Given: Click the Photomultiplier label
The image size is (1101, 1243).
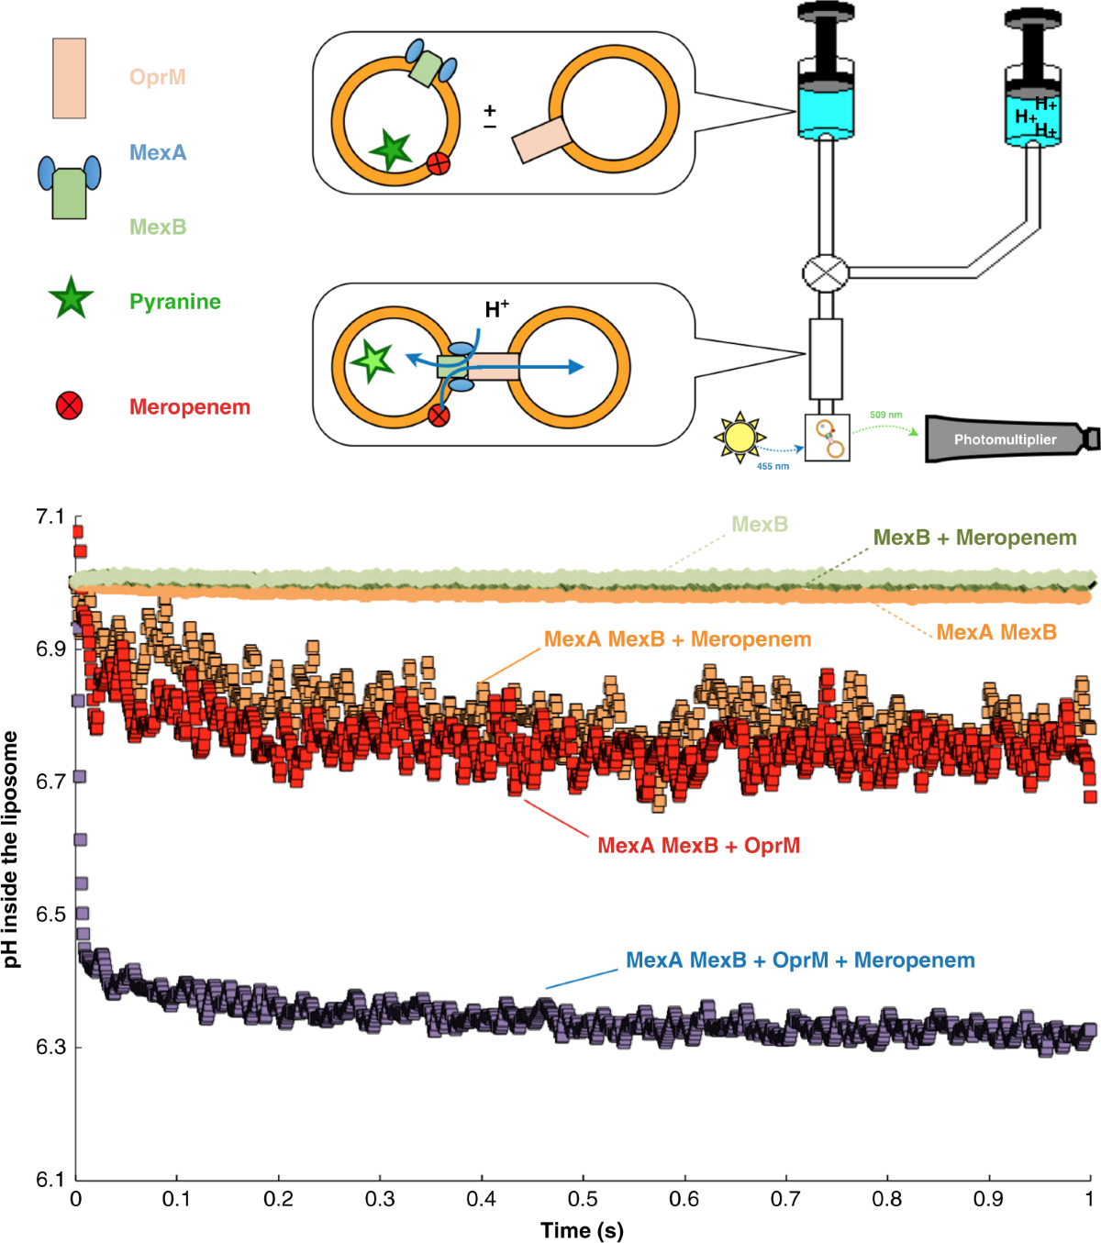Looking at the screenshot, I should pyautogui.click(x=1005, y=439).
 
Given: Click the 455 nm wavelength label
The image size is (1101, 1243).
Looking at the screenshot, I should pyautogui.click(x=773, y=467).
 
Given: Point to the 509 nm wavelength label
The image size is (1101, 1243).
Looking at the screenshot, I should pyautogui.click(x=885, y=415).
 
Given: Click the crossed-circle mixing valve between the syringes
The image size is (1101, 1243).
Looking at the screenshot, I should pyautogui.click(x=824, y=272).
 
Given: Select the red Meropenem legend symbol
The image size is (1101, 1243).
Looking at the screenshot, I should pyautogui.click(x=70, y=405).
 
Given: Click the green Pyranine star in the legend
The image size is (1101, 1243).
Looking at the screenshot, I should pyautogui.click(x=71, y=300).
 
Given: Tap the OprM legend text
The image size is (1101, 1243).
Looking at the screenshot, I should pyautogui.click(x=158, y=76).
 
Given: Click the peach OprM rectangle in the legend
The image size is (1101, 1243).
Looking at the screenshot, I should pyautogui.click(x=69, y=78).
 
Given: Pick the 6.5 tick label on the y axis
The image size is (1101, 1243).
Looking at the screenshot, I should pyautogui.click(x=50, y=915).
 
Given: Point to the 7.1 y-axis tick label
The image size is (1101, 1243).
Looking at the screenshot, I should pyautogui.click(x=50, y=517).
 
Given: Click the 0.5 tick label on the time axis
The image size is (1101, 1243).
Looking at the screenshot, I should pyautogui.click(x=583, y=1199).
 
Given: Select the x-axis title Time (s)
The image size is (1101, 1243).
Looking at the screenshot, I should pyautogui.click(x=582, y=1230).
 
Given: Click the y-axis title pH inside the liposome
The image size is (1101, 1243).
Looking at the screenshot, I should pyautogui.click(x=11, y=849).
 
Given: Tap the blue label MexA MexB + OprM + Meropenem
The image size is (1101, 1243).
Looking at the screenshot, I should pyautogui.click(x=800, y=960).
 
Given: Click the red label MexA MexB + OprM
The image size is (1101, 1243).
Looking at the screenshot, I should pyautogui.click(x=698, y=845).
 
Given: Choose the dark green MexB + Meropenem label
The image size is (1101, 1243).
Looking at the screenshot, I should pyautogui.click(x=974, y=538).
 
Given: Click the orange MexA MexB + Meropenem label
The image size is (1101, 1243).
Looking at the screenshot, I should pyautogui.click(x=677, y=638).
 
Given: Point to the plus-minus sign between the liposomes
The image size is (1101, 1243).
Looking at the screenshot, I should pyautogui.click(x=490, y=117).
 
